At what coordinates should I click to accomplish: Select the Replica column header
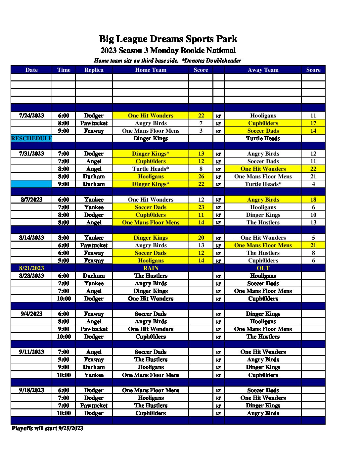[x=94, y=70]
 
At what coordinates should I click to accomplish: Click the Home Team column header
[x=151, y=70]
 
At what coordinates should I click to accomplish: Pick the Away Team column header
[x=263, y=70]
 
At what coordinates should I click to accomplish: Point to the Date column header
[x=31, y=70]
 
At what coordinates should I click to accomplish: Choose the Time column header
[x=64, y=70]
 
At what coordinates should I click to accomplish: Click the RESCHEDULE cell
[x=31, y=138]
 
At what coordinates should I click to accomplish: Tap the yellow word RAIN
[x=151, y=268]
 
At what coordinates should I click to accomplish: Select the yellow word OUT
[x=263, y=268]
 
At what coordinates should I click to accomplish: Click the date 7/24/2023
[x=31, y=116]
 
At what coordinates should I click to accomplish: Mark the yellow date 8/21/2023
[x=31, y=268]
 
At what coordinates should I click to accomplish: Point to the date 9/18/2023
[x=31, y=390]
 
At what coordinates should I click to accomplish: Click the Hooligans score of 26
[x=201, y=176]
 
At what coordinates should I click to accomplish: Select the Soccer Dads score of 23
[x=201, y=207]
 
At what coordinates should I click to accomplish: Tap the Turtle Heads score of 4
[x=313, y=184]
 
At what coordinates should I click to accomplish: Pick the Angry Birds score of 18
[x=313, y=200]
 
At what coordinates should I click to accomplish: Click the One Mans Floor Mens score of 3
[x=201, y=131]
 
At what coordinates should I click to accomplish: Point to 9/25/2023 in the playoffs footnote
[x=70, y=428]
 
